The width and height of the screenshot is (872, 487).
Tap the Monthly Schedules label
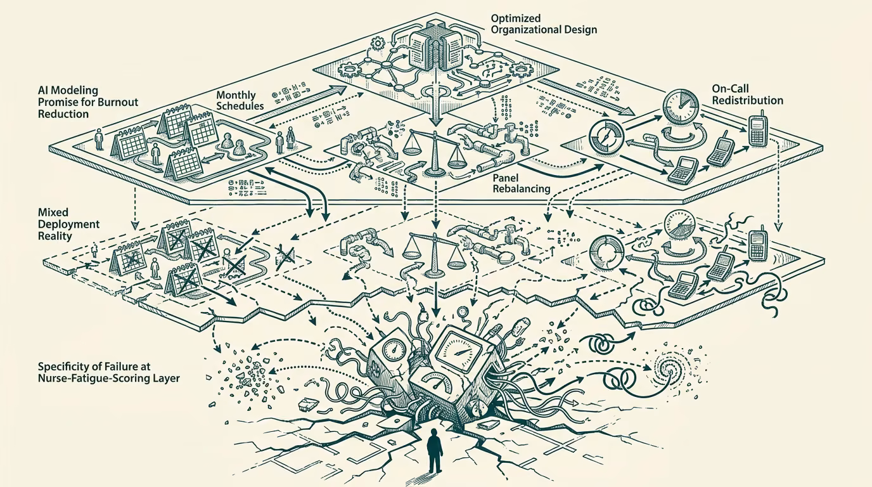click(x=240, y=101)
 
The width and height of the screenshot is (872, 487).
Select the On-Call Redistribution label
click(x=747, y=94)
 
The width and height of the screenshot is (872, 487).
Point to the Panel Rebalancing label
click(x=522, y=183)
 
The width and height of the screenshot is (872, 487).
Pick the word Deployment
click(x=68, y=224)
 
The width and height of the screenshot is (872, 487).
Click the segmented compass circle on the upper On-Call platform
click(x=606, y=138)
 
